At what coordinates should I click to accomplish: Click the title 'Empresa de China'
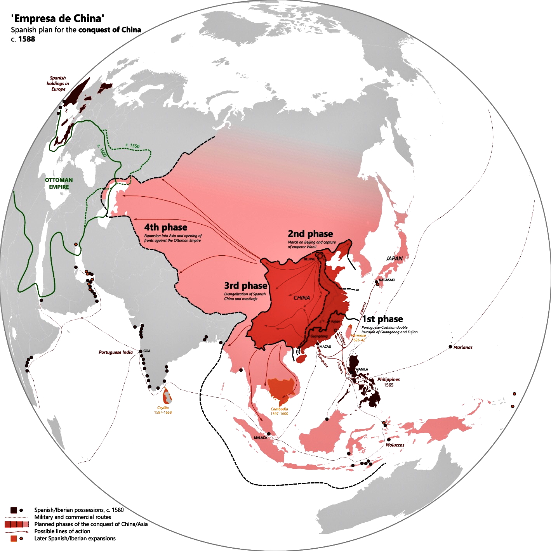[x=58, y=18]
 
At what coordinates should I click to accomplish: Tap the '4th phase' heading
[x=166, y=227]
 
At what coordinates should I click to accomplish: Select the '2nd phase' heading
[x=310, y=234]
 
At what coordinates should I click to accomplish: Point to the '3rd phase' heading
[x=246, y=286]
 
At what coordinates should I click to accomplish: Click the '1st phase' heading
[x=382, y=319]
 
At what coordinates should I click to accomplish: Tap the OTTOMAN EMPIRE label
[x=59, y=184]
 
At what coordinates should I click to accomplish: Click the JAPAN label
[x=395, y=258]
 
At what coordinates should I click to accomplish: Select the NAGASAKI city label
[x=387, y=280]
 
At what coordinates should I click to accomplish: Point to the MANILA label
[x=362, y=369]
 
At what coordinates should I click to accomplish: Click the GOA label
[x=147, y=351]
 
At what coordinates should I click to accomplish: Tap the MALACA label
[x=261, y=438]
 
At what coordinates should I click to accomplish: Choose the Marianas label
[x=463, y=347]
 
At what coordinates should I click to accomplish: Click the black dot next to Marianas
[x=450, y=347]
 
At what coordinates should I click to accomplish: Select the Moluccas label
[x=395, y=445]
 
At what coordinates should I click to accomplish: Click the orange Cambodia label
[x=279, y=409]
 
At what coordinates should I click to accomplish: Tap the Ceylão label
[x=163, y=408]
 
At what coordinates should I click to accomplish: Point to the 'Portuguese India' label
[x=116, y=352]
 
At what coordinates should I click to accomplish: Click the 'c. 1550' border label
[x=132, y=146]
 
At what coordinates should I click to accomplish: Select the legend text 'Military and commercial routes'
[x=73, y=517]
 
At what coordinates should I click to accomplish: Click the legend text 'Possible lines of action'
[x=62, y=531]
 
